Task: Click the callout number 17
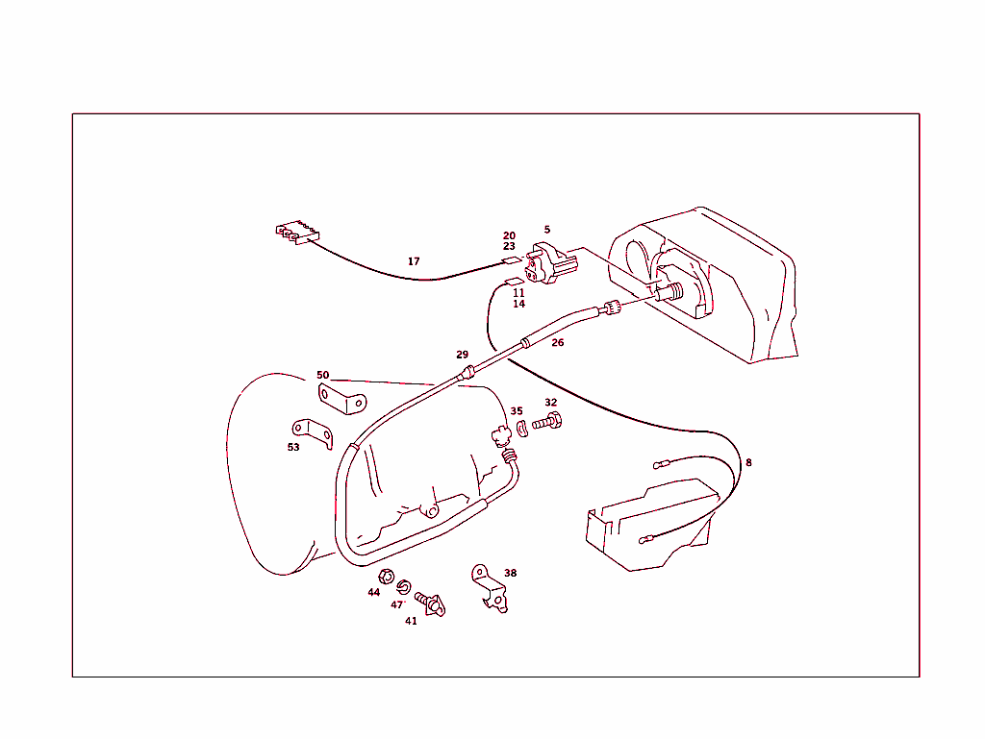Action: (414, 261)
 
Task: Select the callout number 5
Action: (546, 230)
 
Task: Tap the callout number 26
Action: (558, 342)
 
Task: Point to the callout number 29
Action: (463, 355)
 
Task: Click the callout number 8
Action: (748, 462)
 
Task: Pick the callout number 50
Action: (323, 375)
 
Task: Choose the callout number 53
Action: (293, 447)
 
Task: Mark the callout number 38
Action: (510, 573)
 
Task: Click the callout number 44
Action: (374, 592)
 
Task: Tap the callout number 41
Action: (411, 621)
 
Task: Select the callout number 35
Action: (517, 411)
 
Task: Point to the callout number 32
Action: (550, 403)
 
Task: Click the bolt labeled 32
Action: (547, 422)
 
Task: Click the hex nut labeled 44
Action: (382, 577)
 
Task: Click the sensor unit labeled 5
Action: (548, 263)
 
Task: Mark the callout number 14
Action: (518, 304)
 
